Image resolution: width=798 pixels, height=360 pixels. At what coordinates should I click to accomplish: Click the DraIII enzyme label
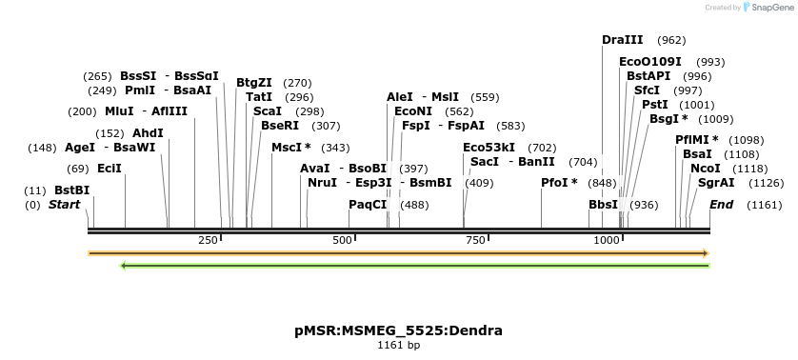(623, 40)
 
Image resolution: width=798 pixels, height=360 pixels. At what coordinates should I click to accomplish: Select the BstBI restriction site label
(71, 190)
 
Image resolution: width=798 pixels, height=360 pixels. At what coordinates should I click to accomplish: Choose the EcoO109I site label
(650, 62)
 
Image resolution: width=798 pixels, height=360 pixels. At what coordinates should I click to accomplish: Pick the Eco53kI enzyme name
(489, 148)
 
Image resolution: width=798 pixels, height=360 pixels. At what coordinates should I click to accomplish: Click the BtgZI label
(254, 83)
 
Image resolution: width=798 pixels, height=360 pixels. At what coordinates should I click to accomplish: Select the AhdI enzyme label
(148, 133)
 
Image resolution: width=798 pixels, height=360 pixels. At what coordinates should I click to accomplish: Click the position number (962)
(671, 40)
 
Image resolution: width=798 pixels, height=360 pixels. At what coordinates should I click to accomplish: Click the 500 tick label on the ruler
(342, 240)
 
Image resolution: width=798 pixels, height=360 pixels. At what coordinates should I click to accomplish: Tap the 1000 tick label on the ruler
(607, 240)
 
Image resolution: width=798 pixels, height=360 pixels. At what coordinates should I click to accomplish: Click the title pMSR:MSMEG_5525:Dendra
(398, 330)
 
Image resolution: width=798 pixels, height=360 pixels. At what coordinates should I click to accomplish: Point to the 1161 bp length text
(398, 345)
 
